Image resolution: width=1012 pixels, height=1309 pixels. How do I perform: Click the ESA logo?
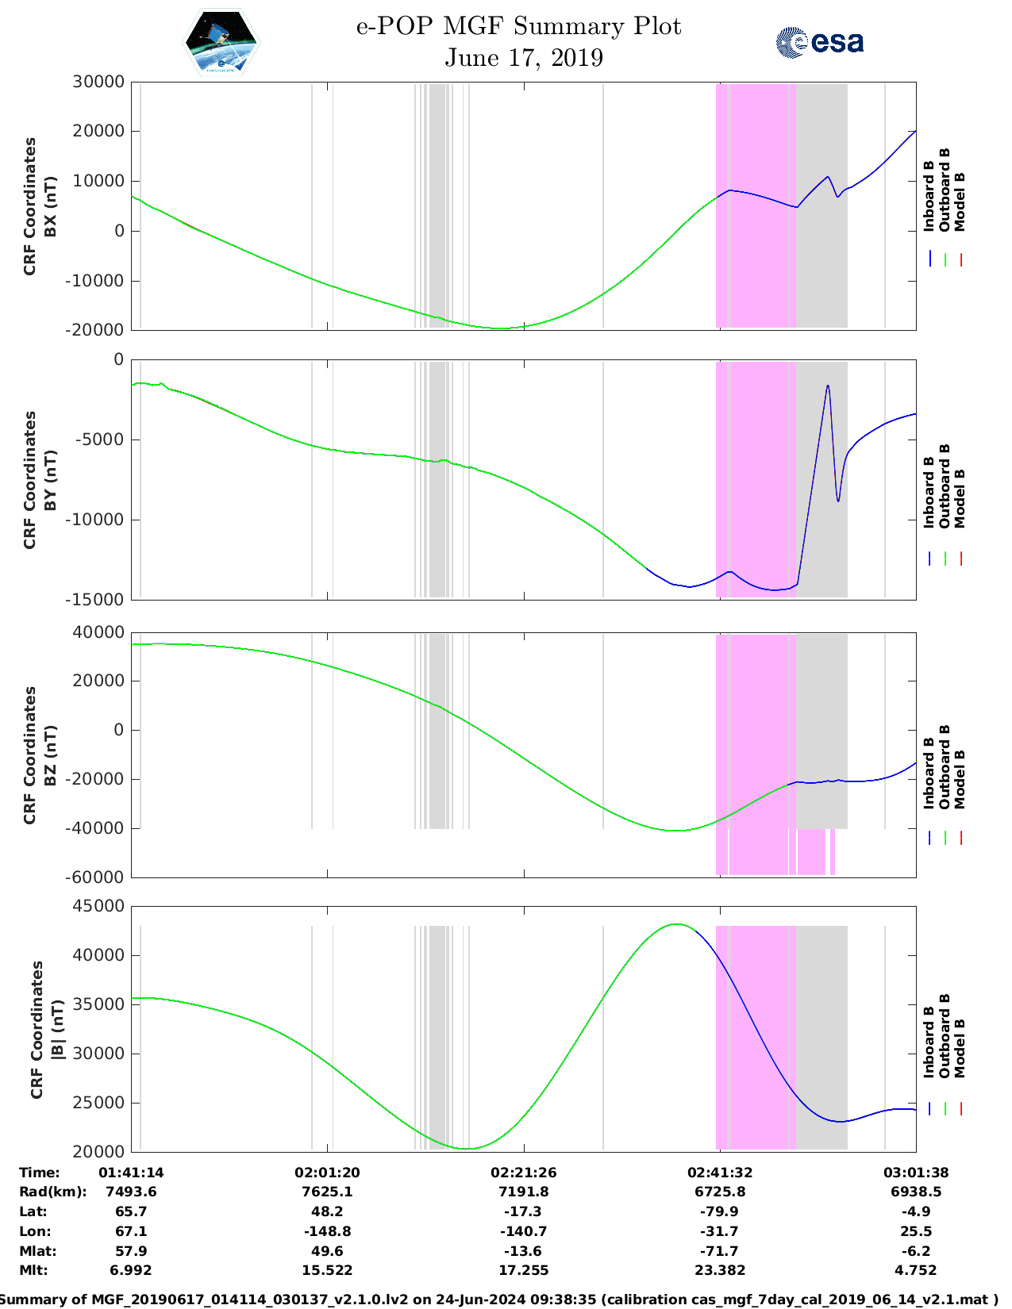[820, 42]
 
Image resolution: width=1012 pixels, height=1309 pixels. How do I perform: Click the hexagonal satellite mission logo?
[221, 42]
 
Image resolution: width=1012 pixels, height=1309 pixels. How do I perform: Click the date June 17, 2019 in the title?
[523, 58]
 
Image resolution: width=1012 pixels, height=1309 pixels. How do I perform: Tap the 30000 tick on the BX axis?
[98, 82]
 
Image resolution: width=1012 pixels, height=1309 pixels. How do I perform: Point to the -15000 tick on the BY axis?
[98, 600]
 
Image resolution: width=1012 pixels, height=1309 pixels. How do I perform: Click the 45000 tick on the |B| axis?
[98, 906]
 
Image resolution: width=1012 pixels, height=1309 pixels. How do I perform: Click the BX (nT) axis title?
[50, 206]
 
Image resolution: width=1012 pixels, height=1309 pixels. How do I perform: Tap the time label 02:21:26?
[523, 1173]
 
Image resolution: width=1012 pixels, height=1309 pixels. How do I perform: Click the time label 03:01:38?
[916, 1173]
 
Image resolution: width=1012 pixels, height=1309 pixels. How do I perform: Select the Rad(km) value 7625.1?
[327, 1192]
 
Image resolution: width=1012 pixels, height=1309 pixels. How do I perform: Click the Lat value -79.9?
[720, 1211]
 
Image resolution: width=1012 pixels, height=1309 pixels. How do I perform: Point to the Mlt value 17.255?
[523, 1270]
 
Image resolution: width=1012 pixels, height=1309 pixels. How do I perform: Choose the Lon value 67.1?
[131, 1231]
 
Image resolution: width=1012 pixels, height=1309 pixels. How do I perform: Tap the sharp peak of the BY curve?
[827, 386]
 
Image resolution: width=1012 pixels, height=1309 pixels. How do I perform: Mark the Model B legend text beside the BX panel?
[960, 202]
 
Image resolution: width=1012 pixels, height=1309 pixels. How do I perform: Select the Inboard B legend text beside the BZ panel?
[929, 773]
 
